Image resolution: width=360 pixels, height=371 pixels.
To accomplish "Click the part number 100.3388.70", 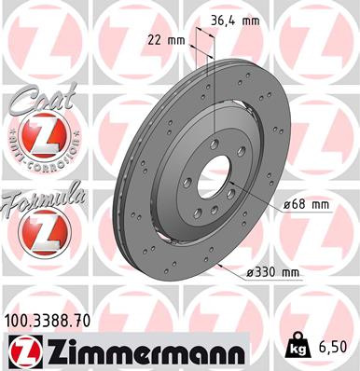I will coord(55,321).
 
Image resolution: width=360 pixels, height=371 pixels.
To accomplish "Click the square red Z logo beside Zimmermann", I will coord(21,350).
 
